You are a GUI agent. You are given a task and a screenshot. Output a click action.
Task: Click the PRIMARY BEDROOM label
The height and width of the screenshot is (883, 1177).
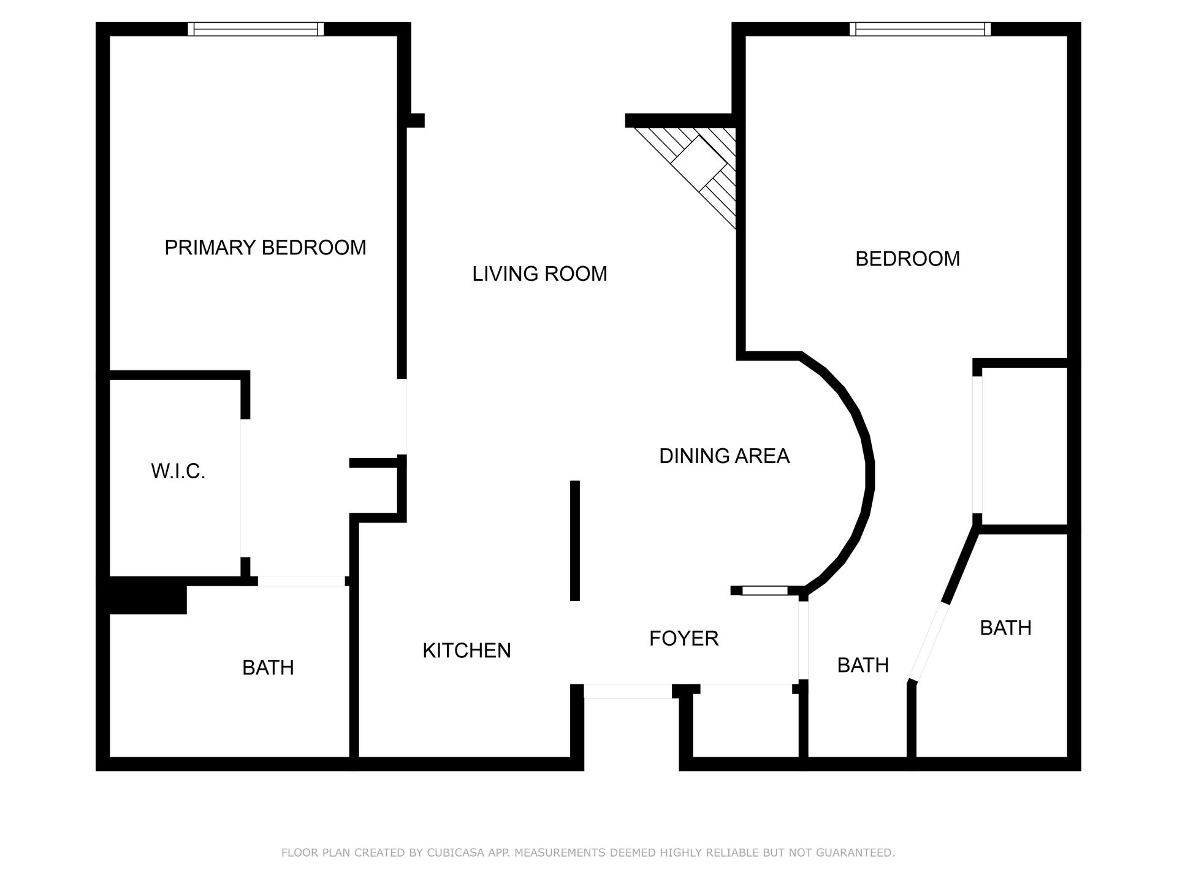pos(265,248)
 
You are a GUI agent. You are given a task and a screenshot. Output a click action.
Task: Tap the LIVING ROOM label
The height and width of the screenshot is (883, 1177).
pos(539,273)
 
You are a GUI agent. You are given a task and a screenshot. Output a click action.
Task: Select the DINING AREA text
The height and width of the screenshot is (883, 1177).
pos(724,456)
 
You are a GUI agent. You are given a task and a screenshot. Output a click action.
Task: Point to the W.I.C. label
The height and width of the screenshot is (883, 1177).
pos(178,472)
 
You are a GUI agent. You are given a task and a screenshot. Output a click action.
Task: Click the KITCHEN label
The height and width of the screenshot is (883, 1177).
pos(467,651)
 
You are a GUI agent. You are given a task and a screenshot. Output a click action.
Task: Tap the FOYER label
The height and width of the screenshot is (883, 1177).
pos(684,638)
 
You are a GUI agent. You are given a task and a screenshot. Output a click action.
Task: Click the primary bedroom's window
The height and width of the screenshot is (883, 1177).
pos(256,29)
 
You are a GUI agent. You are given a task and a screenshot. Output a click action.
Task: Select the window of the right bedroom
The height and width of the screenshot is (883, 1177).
pos(920,29)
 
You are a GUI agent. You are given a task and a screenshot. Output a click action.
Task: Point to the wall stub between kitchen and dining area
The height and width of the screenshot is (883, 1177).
pos(575,540)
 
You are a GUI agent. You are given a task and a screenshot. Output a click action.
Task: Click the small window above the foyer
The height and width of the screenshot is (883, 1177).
pos(765,591)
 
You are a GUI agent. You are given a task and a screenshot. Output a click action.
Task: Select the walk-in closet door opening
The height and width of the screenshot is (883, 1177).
pos(245,488)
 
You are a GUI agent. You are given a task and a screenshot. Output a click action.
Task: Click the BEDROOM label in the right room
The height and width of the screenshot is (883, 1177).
pos(907,259)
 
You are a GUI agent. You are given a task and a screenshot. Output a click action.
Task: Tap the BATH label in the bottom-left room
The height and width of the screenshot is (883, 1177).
pos(268,668)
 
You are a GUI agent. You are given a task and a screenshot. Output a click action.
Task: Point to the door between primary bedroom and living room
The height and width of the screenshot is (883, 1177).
pos(402,417)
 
